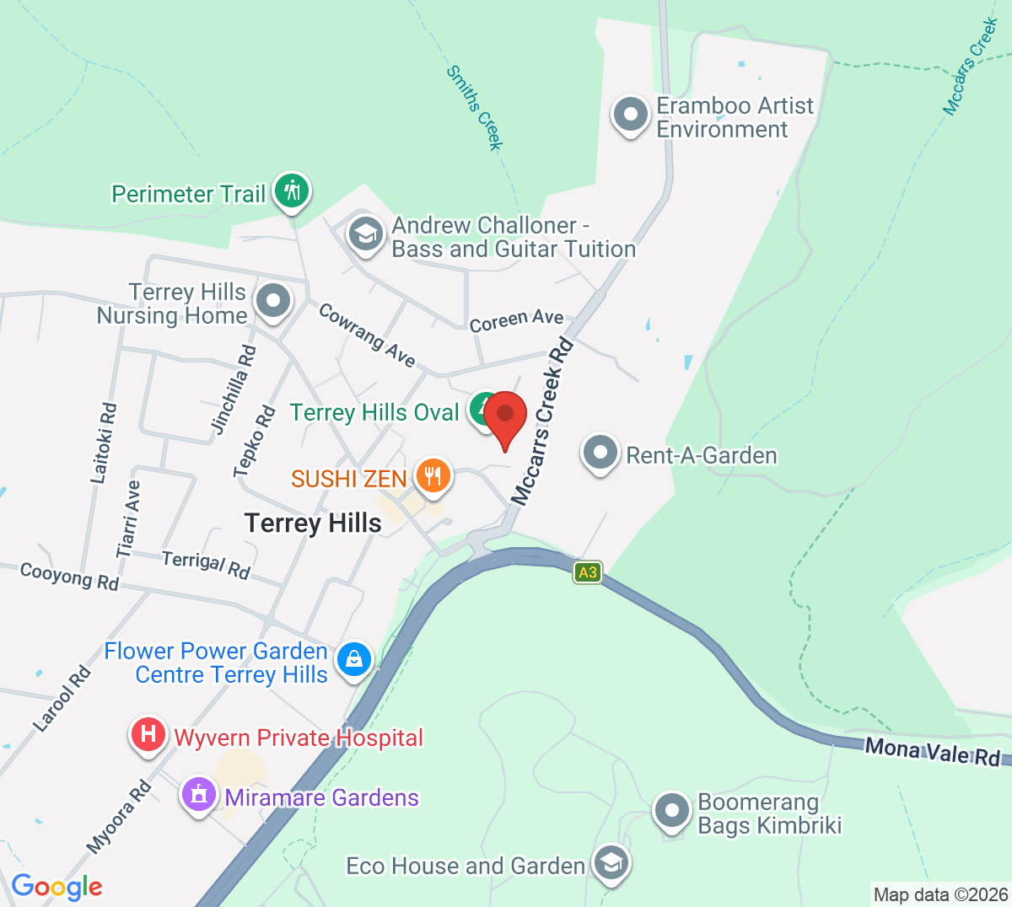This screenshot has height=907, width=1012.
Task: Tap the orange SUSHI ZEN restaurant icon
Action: tap(433, 476)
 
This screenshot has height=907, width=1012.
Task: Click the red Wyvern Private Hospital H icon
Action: tap(148, 734)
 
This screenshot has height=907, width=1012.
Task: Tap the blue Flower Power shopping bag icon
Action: tap(354, 659)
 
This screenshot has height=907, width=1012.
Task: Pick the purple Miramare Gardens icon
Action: tap(199, 795)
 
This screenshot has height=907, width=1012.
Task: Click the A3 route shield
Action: tap(588, 573)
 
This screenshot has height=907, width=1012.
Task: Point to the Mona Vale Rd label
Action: tap(933, 751)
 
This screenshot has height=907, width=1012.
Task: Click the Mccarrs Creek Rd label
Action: tap(542, 421)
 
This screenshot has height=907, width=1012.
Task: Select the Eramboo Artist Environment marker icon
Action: tap(630, 115)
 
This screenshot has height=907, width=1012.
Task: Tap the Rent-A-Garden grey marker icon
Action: tap(600, 453)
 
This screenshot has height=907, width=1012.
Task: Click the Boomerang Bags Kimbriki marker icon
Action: tap(672, 812)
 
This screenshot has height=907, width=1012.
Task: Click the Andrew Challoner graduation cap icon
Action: tap(366, 235)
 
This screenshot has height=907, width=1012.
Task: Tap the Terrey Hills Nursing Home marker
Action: tap(272, 301)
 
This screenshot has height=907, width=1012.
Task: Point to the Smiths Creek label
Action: tap(475, 108)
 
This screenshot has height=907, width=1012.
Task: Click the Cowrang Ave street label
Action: tap(367, 335)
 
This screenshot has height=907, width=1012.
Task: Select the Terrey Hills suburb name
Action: tap(313, 523)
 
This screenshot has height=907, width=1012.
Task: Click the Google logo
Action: tap(57, 887)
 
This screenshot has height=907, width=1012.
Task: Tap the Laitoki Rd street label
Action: tap(105, 443)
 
